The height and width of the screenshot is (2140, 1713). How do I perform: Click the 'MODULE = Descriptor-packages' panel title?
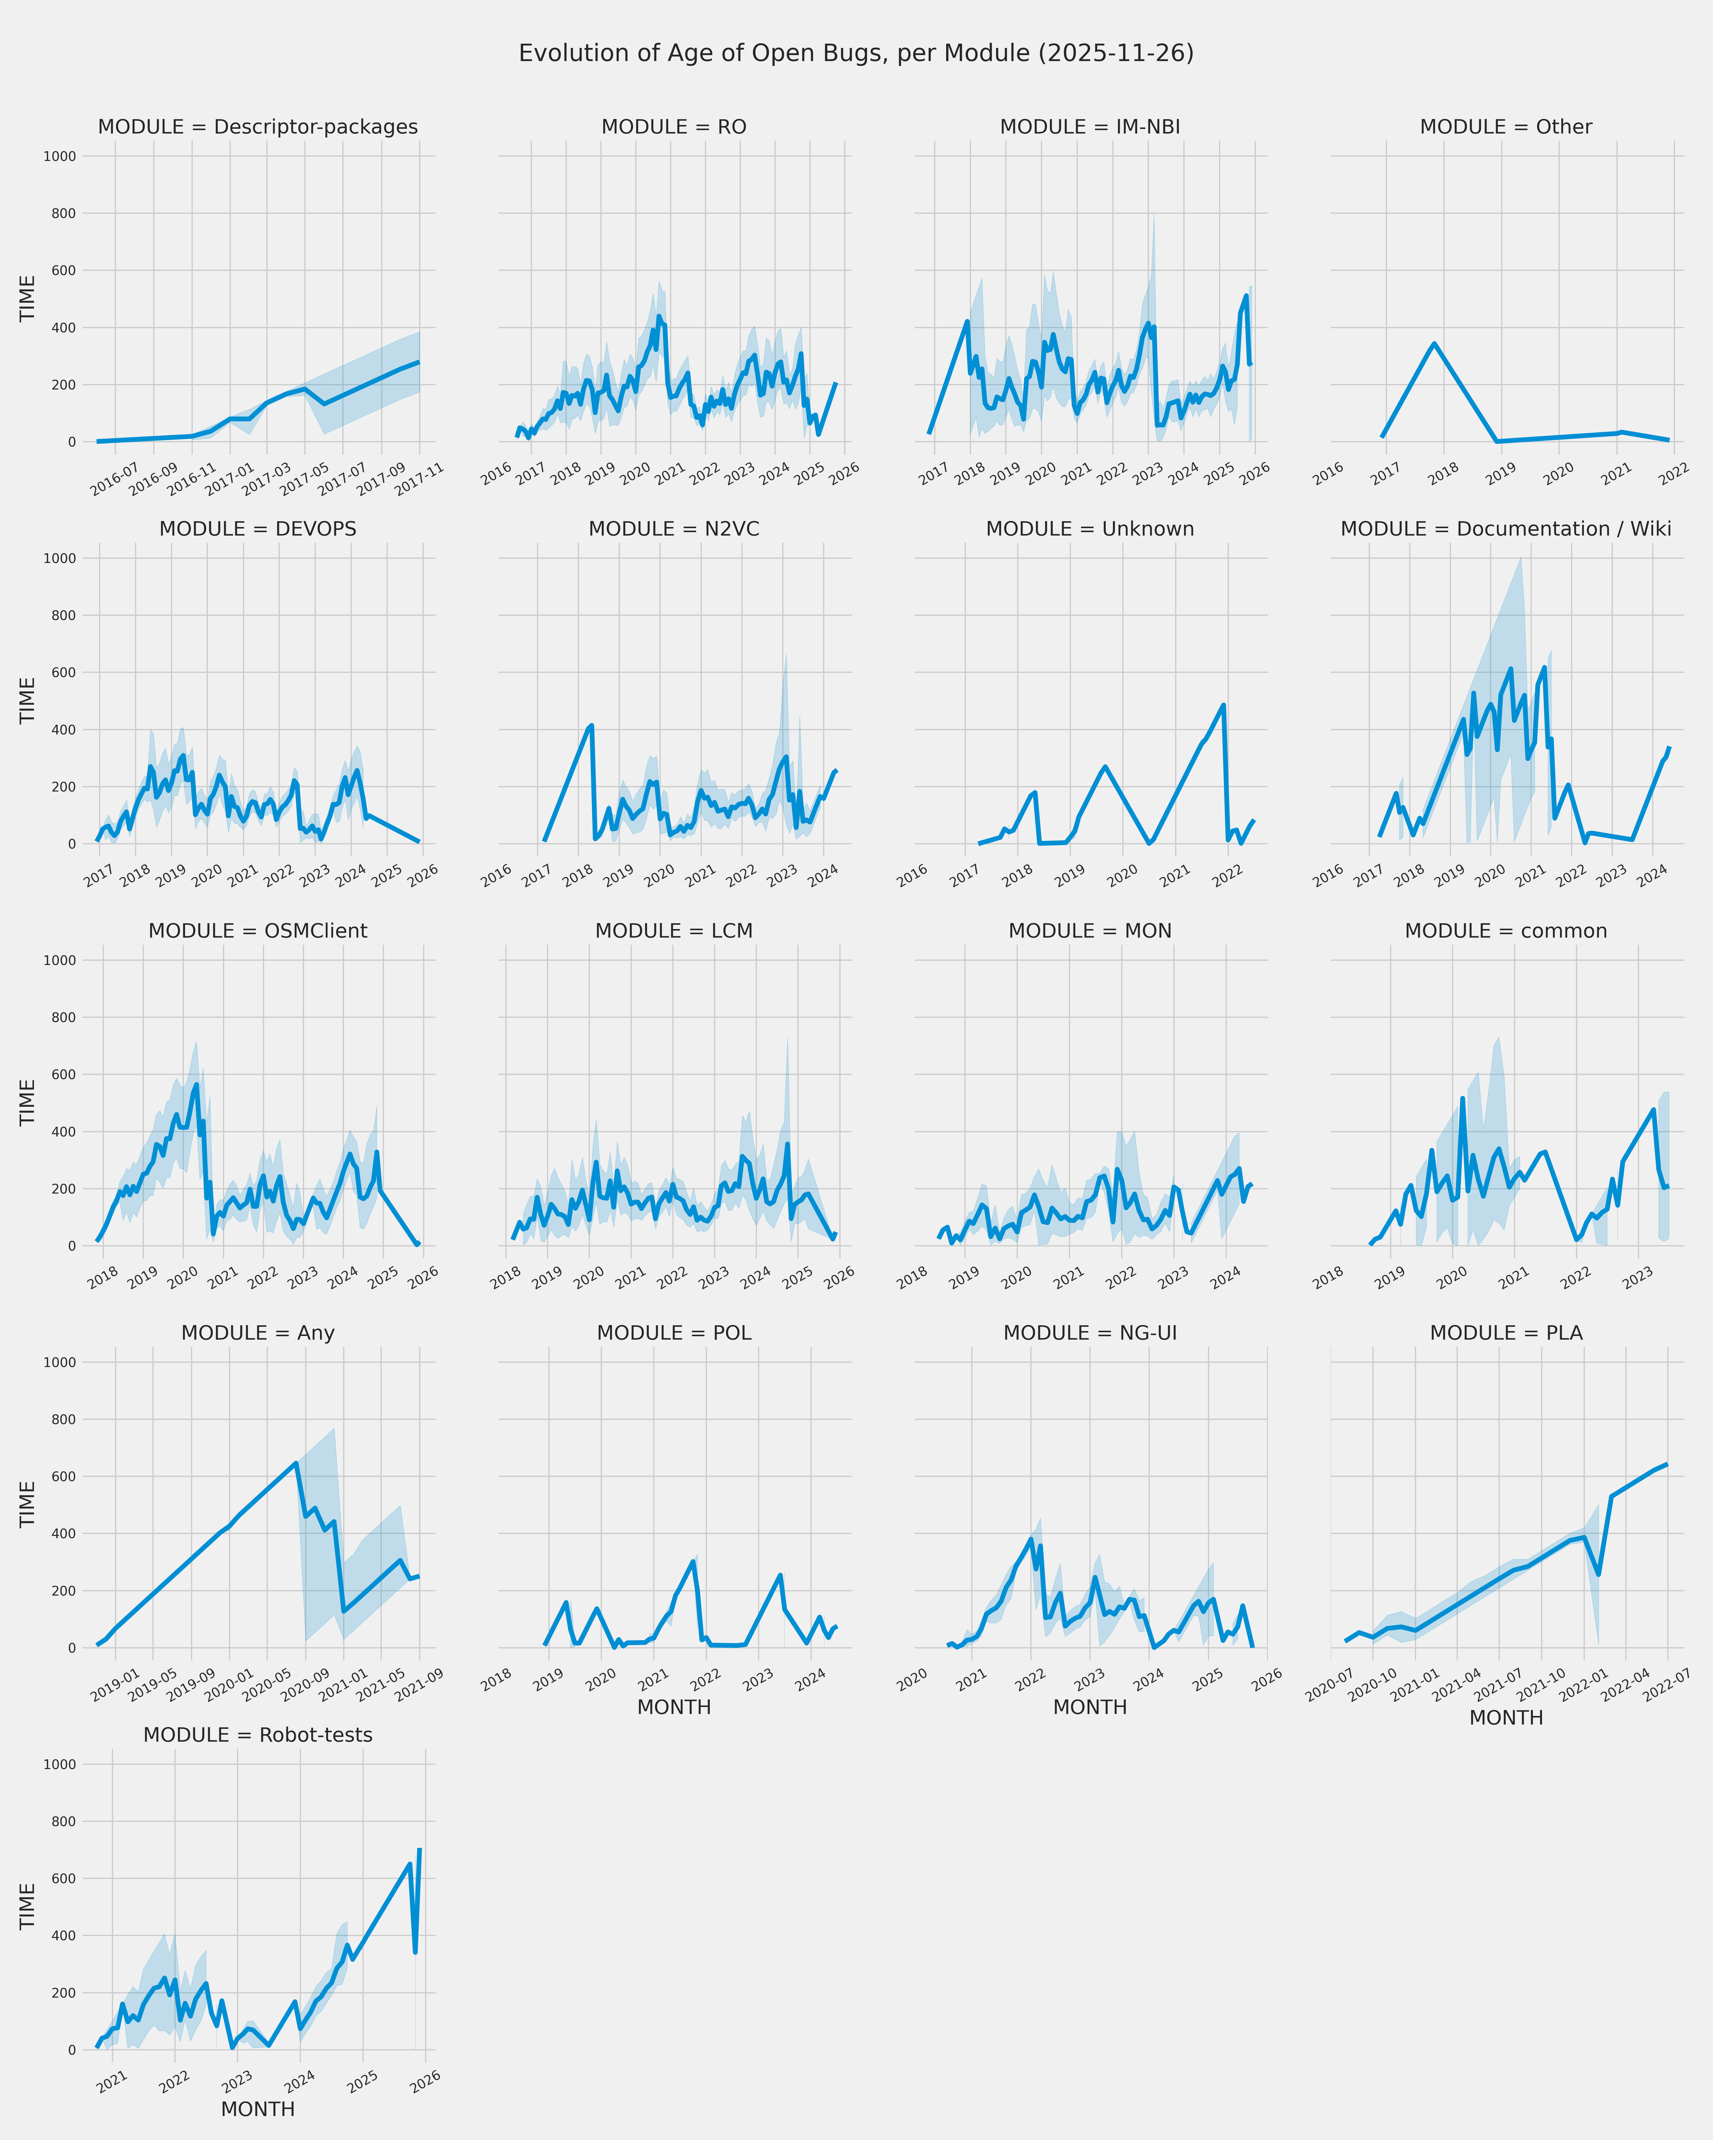tap(257, 127)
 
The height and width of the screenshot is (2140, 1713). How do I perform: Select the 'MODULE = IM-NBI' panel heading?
tap(1089, 127)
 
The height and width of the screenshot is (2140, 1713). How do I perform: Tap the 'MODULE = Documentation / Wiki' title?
tap(1505, 529)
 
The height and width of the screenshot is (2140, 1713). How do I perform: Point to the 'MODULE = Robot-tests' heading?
tap(257, 1735)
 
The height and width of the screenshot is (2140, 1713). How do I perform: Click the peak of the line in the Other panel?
tap(1434, 344)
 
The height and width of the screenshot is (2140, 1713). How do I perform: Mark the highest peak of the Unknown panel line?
tap(1223, 705)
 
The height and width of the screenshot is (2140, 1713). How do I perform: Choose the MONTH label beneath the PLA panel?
tap(1505, 1718)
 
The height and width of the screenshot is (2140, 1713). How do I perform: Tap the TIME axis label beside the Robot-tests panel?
tap(28, 1907)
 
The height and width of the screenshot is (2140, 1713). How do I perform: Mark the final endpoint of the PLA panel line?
tap(1667, 1464)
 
